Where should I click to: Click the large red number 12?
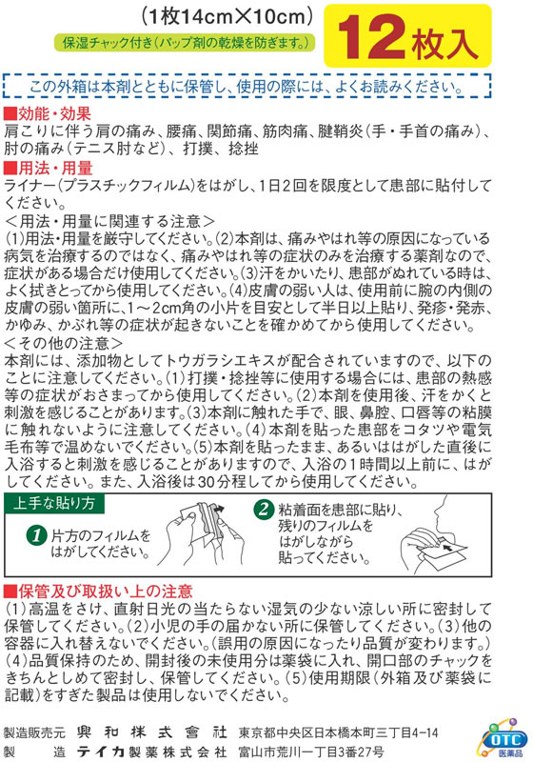[x=372, y=37]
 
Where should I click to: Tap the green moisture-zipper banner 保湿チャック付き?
[x=185, y=43]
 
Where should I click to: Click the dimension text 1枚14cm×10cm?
[x=227, y=17]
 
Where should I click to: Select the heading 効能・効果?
[x=48, y=114]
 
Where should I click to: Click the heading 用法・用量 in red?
[x=48, y=169]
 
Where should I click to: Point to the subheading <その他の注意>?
[x=63, y=344]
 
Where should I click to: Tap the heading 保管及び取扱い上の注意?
[x=99, y=591]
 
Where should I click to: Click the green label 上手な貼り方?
[x=54, y=503]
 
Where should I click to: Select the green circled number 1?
[x=36, y=535]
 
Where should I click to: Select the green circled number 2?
[x=264, y=509]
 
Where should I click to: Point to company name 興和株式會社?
[x=151, y=732]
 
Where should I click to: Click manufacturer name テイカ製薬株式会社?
[x=151, y=752]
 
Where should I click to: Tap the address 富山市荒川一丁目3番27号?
[x=310, y=752]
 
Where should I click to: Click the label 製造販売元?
[x=34, y=732]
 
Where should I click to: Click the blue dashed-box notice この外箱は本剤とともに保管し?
[x=247, y=87]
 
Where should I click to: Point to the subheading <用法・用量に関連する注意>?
[x=109, y=221]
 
